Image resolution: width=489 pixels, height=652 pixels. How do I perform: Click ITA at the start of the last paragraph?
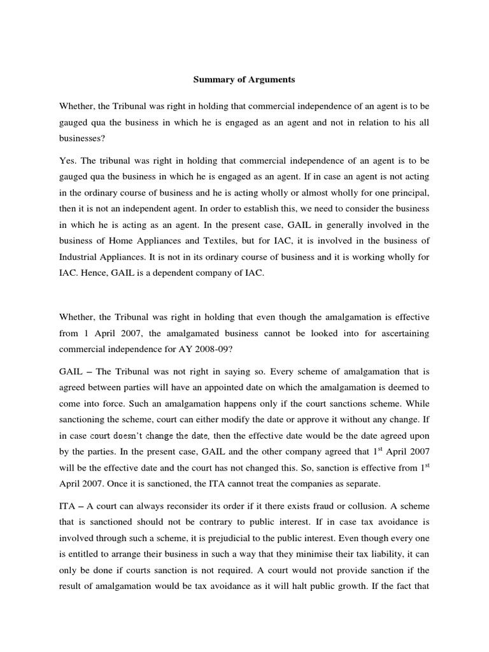tap(67, 506)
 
